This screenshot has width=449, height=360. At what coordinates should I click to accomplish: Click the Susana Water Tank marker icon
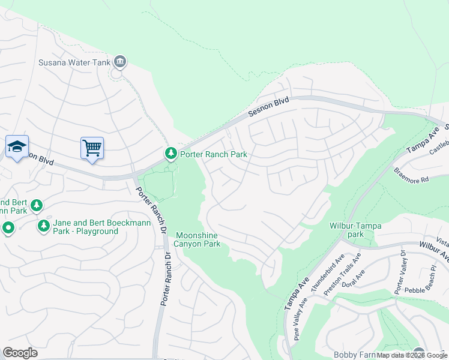(x=120, y=61)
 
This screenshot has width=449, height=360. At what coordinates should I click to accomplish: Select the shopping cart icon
(x=92, y=148)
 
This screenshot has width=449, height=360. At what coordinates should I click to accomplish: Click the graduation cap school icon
(x=17, y=146)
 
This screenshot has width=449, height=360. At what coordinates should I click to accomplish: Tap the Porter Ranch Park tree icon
(x=171, y=154)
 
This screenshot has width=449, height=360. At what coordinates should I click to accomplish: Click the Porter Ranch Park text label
(x=214, y=154)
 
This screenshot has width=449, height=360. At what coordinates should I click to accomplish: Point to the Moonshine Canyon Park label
(x=197, y=239)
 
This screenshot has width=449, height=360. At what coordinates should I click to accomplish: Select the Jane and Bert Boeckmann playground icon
(x=43, y=226)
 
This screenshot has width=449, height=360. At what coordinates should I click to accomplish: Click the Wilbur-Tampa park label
(x=355, y=230)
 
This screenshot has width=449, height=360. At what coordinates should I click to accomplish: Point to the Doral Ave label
(x=357, y=280)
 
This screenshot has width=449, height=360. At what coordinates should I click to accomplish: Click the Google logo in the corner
(x=20, y=353)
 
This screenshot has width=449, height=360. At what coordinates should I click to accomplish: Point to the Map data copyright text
(x=412, y=355)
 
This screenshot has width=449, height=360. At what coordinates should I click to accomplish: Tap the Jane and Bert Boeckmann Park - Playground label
(x=86, y=226)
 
